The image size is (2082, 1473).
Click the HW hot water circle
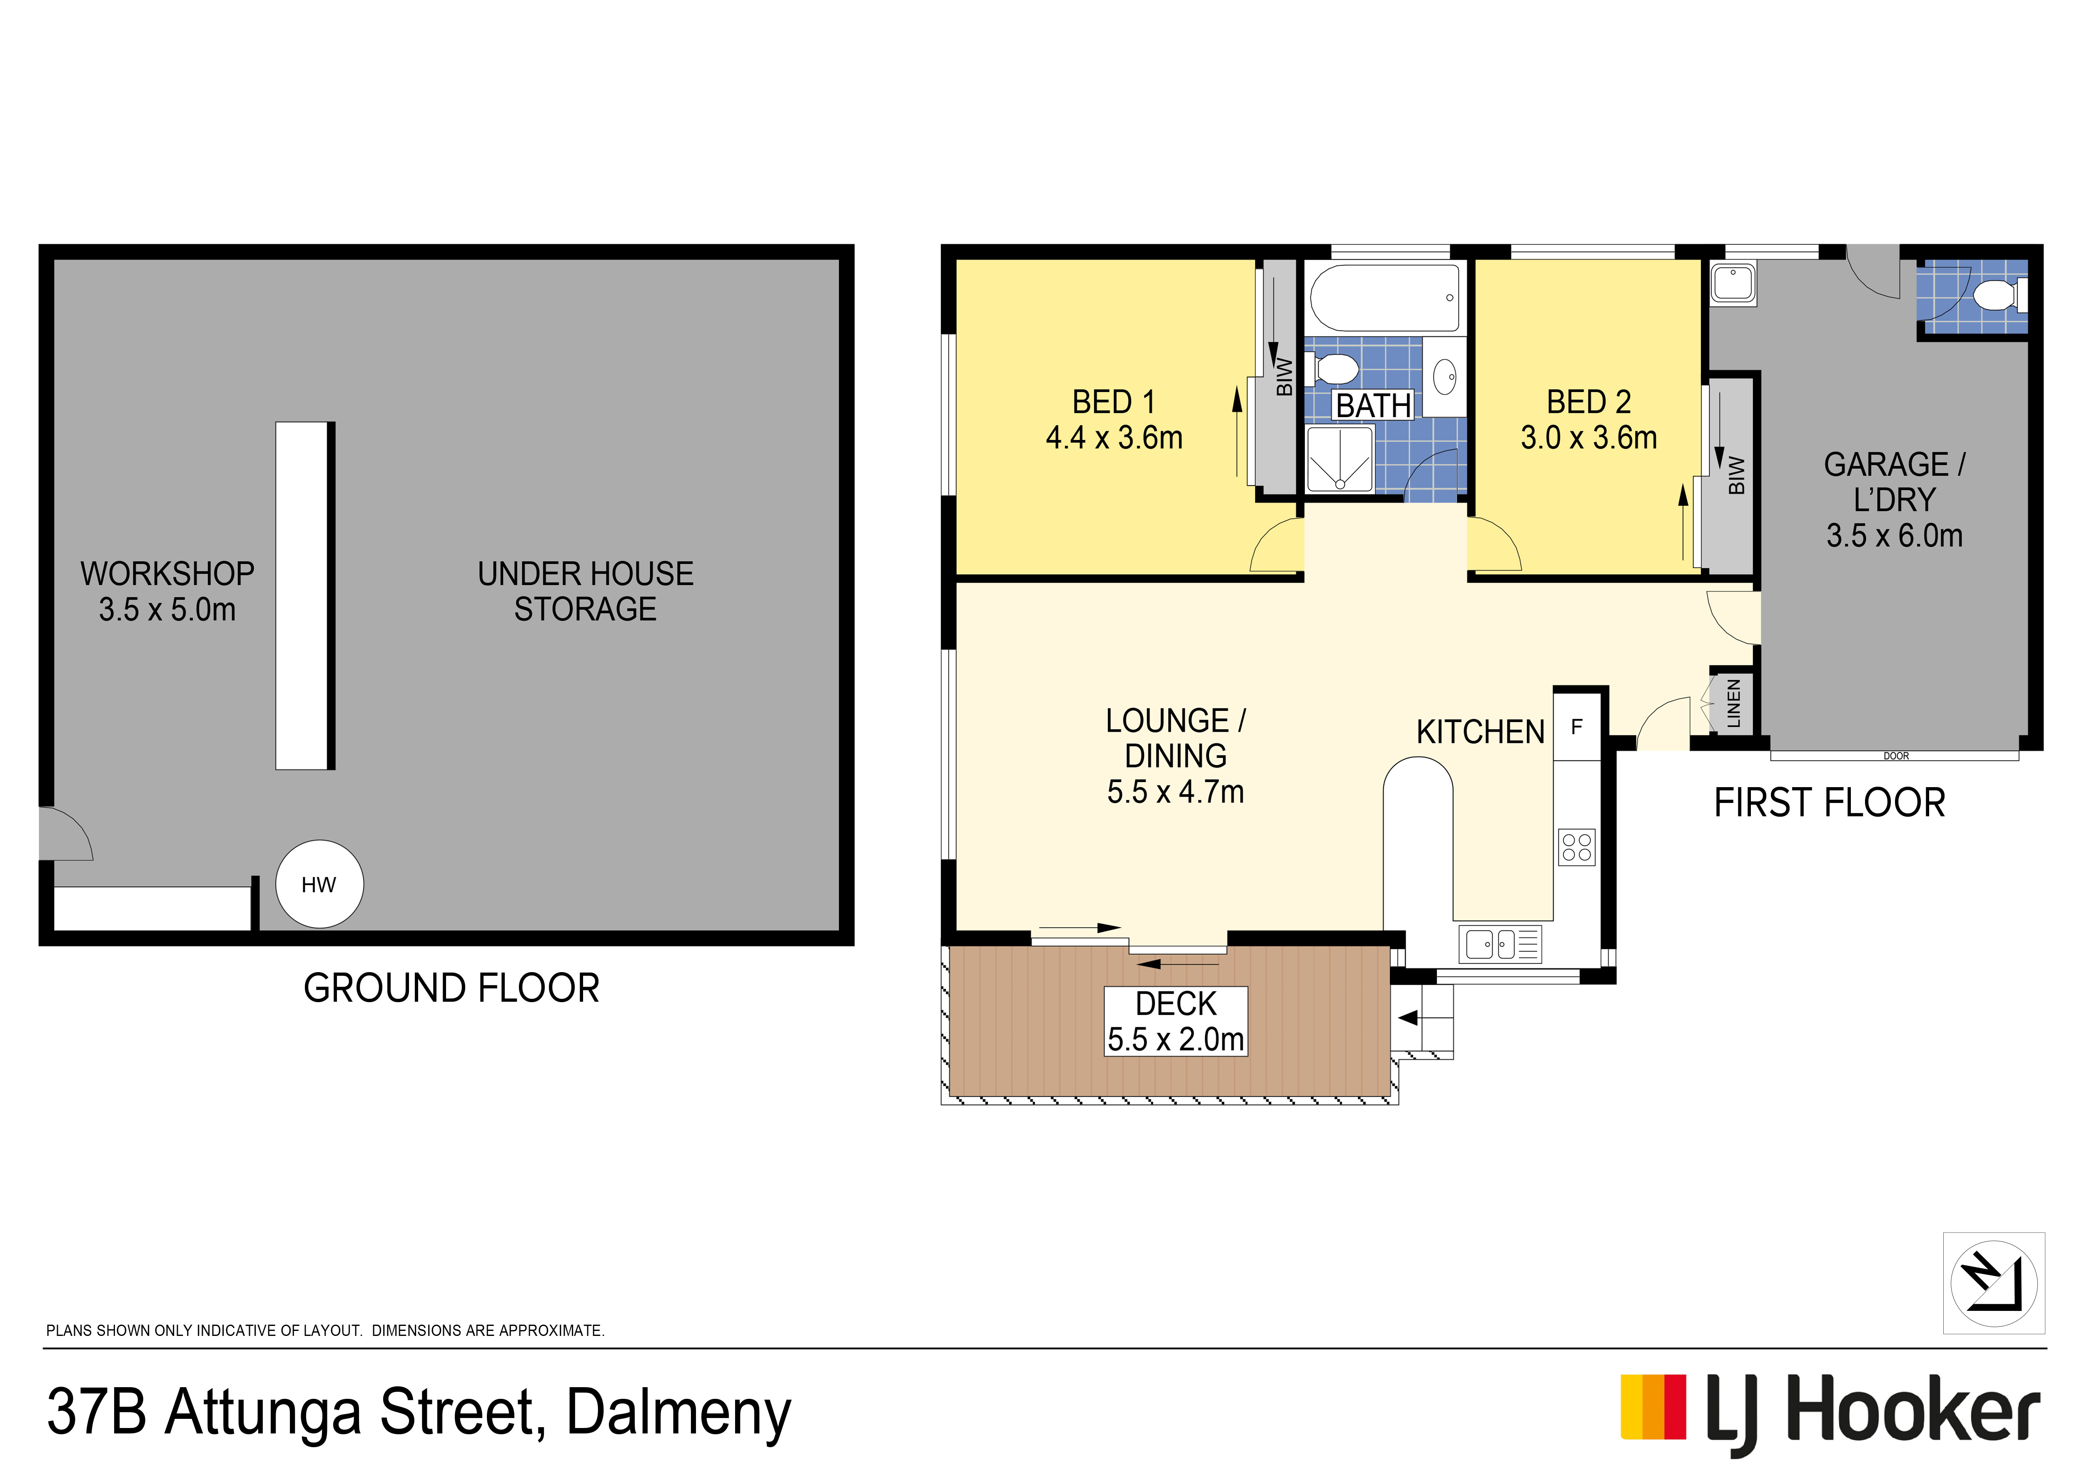pyautogui.click(x=319, y=884)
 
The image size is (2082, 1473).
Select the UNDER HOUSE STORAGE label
pyautogui.click(x=586, y=591)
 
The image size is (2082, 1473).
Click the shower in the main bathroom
pyautogui.click(x=1340, y=459)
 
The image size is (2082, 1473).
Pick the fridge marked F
pyautogui.click(x=1577, y=727)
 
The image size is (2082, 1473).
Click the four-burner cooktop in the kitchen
pyautogui.click(x=1577, y=847)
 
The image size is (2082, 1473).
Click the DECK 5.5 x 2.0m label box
pyautogui.click(x=1176, y=1021)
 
